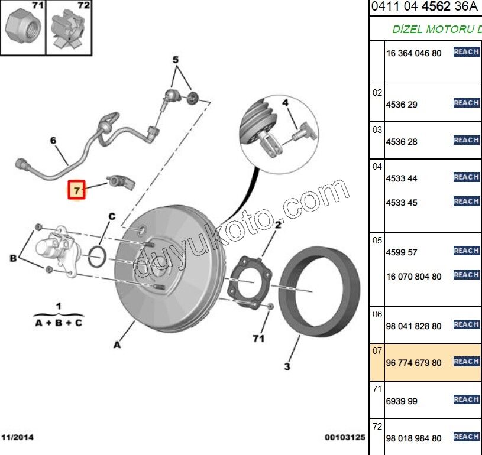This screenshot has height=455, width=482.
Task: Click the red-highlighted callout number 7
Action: pyautogui.click(x=76, y=190)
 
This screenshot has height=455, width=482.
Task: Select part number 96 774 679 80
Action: pyautogui.click(x=413, y=363)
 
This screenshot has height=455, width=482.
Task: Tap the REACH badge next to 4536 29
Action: pyautogui.click(x=466, y=103)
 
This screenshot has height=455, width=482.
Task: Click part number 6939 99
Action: pyautogui.click(x=402, y=401)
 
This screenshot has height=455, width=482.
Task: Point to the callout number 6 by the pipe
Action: pyautogui.click(x=53, y=141)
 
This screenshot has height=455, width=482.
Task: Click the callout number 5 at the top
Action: pyautogui.click(x=175, y=60)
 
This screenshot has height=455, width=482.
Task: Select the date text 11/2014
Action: pyautogui.click(x=18, y=438)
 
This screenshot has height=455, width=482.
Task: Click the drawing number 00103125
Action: pyautogui.click(x=344, y=438)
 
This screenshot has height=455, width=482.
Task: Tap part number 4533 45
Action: pyautogui.click(x=402, y=203)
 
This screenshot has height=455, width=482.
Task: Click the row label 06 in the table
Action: pyautogui.click(x=377, y=314)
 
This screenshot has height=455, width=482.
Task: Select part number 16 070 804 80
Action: pyautogui.click(x=413, y=277)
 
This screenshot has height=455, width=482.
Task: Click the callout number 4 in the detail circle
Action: pyautogui.click(x=284, y=103)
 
